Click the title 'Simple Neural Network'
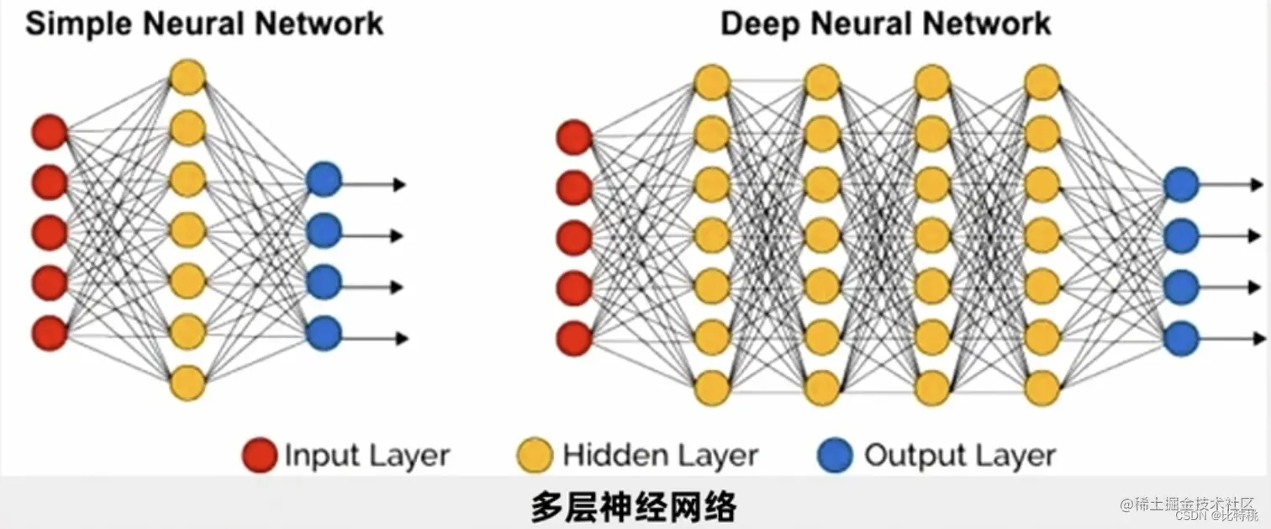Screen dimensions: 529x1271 tap(204, 24)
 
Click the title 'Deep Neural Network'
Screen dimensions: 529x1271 tap(886, 24)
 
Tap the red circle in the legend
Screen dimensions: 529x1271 tap(259, 455)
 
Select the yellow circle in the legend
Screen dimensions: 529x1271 tap(535, 455)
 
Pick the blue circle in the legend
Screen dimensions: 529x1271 tap(834, 455)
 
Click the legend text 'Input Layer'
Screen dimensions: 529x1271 tap(367, 456)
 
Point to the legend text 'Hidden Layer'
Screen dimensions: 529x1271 tap(660, 456)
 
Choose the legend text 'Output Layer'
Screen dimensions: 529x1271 tap(959, 456)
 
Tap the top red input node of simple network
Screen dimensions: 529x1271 tap(50, 131)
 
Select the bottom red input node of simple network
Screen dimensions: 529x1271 tap(50, 333)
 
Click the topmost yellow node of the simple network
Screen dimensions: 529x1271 tap(187, 77)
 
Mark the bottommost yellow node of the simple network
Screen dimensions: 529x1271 tap(187, 384)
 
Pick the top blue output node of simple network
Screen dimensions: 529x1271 tap(324, 180)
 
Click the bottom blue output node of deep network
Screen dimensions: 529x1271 tap(1181, 338)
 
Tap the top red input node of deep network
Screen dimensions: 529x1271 tap(575, 137)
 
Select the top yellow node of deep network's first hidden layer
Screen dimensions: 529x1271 tap(711, 82)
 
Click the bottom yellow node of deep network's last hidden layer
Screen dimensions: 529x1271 tap(1042, 388)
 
